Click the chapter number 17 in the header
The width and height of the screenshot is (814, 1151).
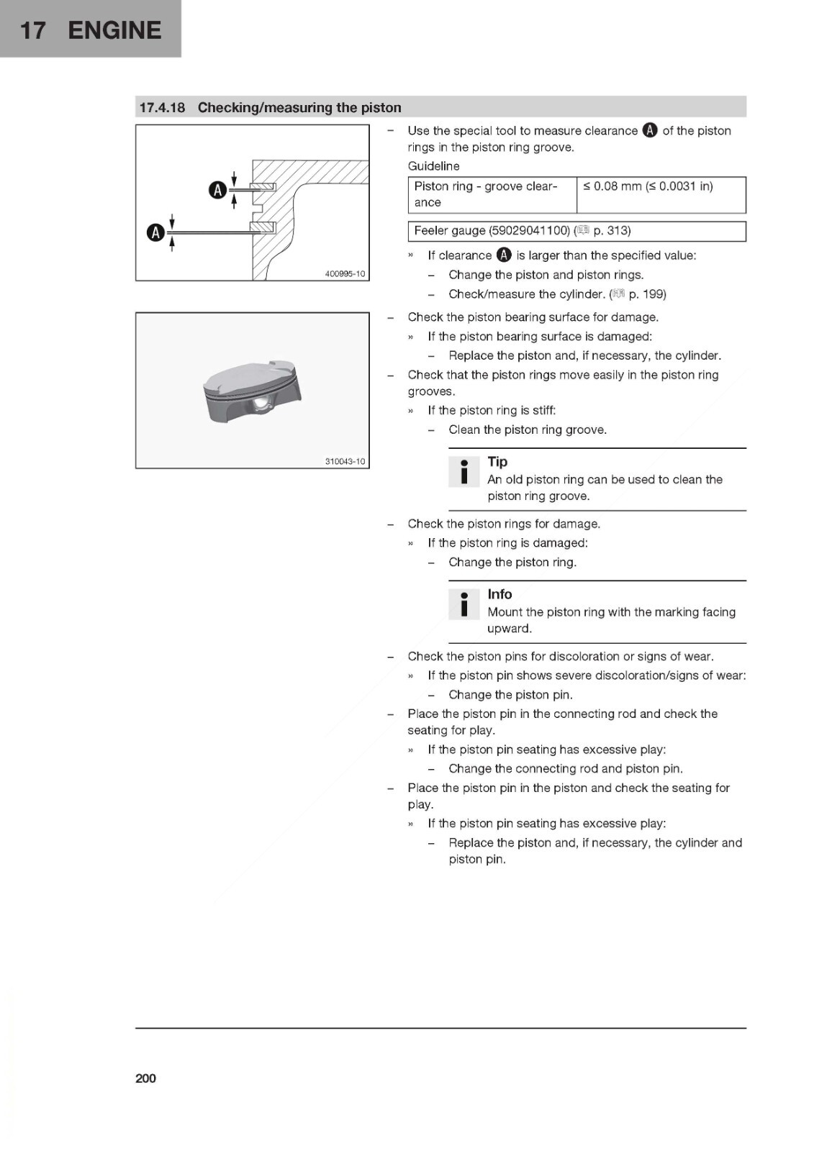coord(33,29)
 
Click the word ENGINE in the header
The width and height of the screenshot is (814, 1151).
coord(114,29)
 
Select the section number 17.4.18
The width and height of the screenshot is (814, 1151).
coord(162,107)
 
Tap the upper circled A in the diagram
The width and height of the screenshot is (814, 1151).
coord(217,190)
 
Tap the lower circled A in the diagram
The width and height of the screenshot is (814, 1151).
coord(155,233)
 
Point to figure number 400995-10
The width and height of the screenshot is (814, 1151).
coord(345,273)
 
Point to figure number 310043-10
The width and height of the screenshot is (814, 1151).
coord(345,461)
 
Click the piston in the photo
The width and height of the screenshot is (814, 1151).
coord(252,391)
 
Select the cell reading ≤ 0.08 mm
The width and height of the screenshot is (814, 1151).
coord(661,195)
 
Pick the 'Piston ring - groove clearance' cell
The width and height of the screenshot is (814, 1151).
coord(492,195)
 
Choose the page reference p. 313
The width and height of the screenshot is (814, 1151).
coord(612,230)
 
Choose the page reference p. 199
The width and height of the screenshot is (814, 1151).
coord(647,294)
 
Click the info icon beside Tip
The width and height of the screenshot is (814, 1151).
coord(463,472)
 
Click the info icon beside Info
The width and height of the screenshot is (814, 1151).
coord(463,604)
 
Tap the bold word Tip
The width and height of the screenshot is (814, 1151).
coord(497,461)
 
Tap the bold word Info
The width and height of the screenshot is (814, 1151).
coord(499,594)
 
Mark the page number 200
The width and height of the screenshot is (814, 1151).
coord(145,1078)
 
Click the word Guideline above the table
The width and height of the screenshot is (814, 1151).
coord(433,166)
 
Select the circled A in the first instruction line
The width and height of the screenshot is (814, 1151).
coord(649,130)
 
